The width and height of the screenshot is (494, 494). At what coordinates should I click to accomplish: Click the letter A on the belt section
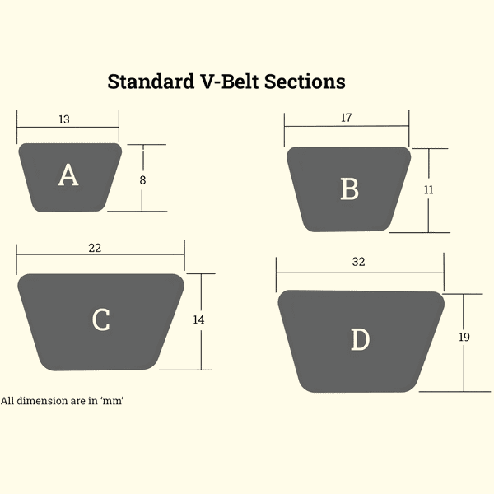coord(68,175)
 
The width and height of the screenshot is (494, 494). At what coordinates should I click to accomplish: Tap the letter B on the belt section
coord(350,189)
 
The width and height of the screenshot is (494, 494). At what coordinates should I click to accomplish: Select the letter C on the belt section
coord(101,319)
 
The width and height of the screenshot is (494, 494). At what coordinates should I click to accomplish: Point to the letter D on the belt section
coord(361,339)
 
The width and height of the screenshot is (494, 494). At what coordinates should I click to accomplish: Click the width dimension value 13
coord(64,119)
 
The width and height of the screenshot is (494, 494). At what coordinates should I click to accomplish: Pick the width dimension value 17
coord(347,118)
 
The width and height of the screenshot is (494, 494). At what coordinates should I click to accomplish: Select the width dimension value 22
coord(95,248)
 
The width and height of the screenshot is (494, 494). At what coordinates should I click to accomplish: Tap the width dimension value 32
coord(358,262)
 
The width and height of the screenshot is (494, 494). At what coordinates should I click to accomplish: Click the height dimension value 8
coord(142,180)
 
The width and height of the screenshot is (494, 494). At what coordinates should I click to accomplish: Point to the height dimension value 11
coord(428,190)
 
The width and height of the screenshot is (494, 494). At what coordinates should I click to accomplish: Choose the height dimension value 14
coord(198,319)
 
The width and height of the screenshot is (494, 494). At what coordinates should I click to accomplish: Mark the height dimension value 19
coord(464,337)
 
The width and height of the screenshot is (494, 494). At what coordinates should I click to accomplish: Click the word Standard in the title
coord(151,82)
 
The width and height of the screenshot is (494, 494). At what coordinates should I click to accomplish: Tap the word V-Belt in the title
coord(230,82)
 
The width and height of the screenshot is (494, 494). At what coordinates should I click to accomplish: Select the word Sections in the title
coord(305,82)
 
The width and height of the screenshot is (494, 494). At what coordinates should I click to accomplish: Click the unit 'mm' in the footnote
coord(112,401)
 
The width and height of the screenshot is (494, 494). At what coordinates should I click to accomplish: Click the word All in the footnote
coord(7,401)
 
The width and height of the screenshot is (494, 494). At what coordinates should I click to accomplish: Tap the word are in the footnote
coord(78,402)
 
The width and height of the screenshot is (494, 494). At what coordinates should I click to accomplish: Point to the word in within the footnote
coord(93,401)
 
